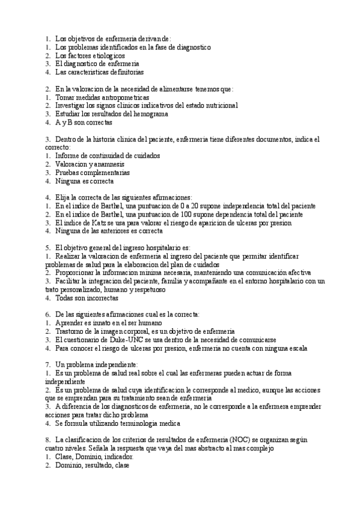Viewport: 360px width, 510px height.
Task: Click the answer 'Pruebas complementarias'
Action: coord(92,172)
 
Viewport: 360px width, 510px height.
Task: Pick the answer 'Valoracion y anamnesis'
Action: coord(90,164)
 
